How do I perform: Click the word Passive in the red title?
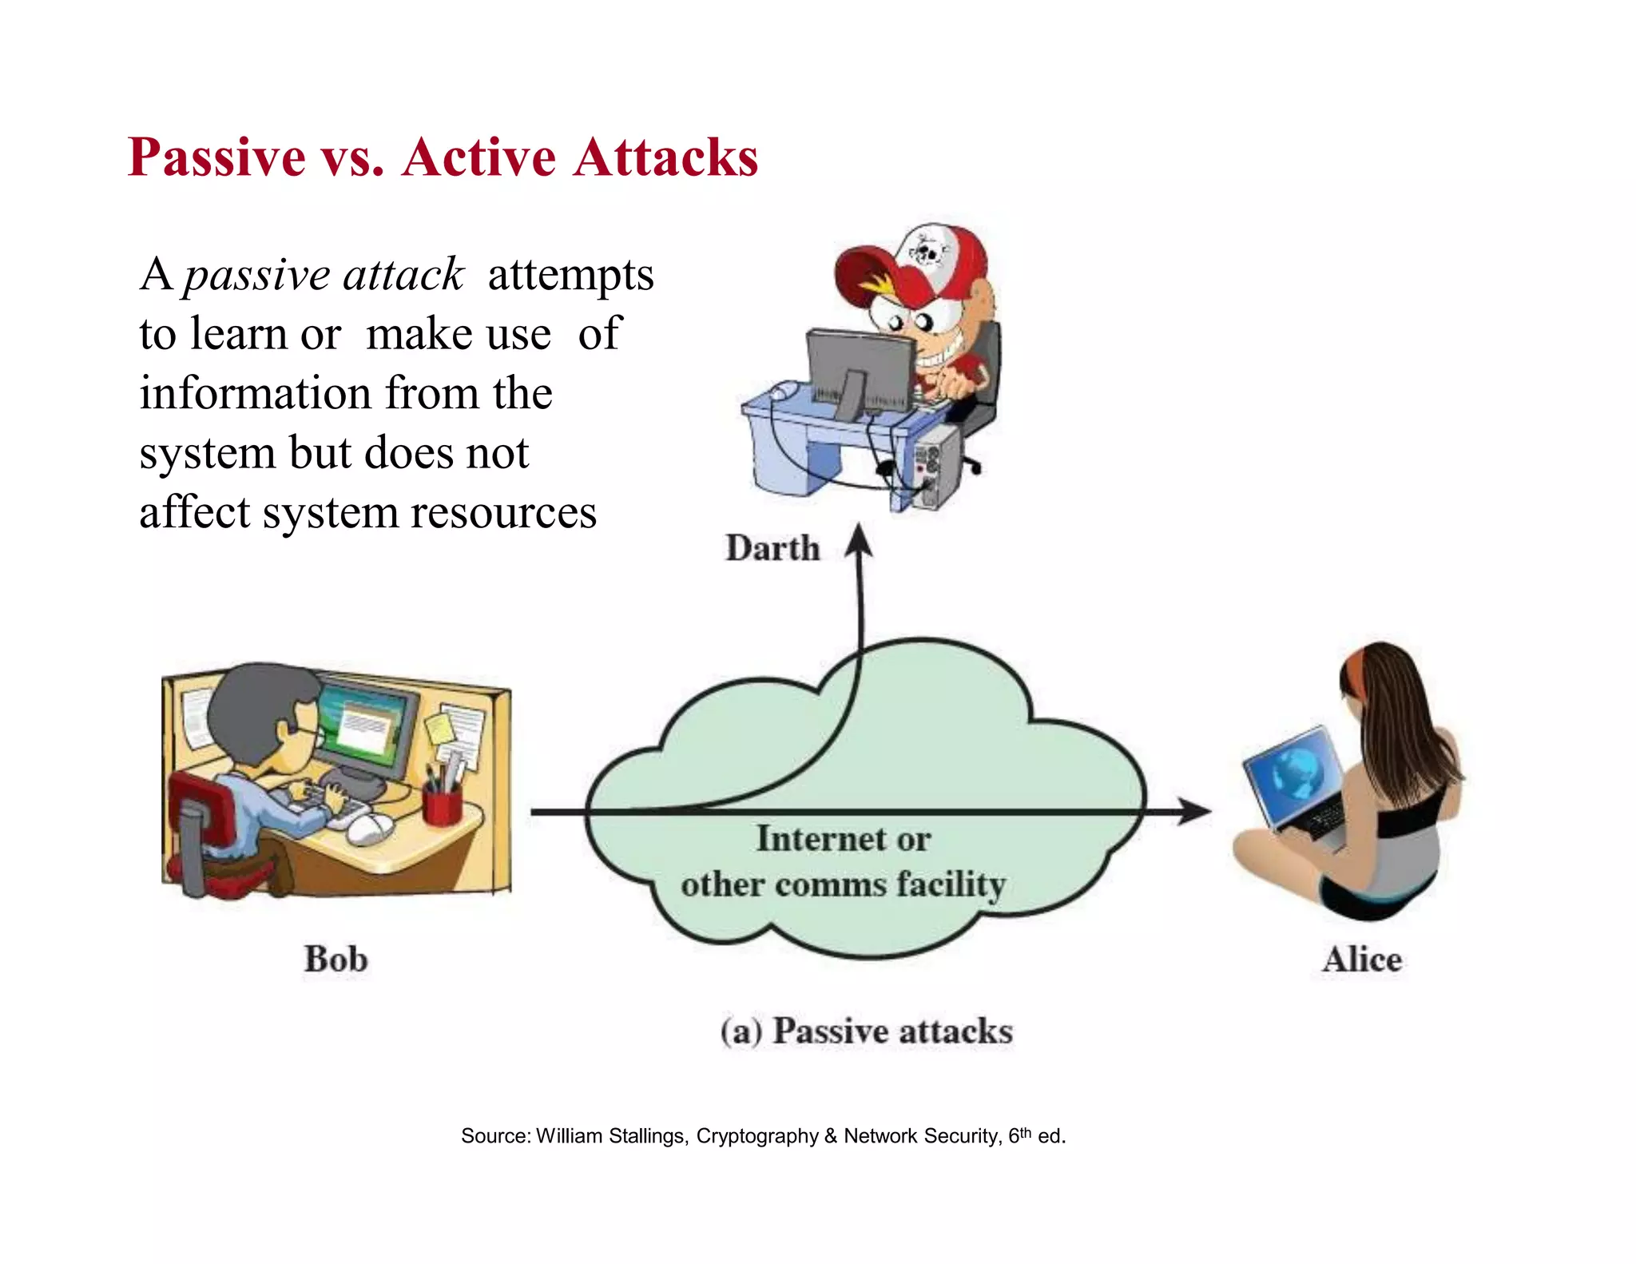point(216,157)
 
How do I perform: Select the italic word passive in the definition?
point(256,276)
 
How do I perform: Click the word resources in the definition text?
point(503,512)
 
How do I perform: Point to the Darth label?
point(772,549)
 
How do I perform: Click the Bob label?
point(336,959)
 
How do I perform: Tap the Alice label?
point(1361,959)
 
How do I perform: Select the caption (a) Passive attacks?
point(867,1031)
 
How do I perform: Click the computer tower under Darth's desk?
point(936,467)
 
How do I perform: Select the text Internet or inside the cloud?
point(843,839)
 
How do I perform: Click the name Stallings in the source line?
point(647,1136)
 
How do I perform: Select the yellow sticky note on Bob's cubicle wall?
point(439,727)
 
